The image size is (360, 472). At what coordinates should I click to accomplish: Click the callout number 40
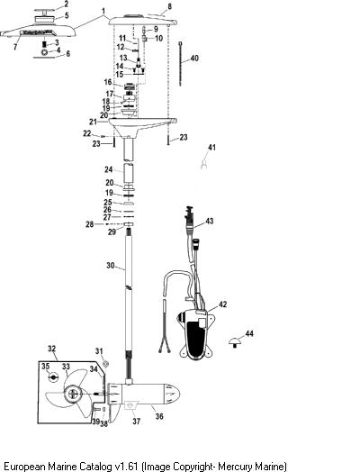[194, 58]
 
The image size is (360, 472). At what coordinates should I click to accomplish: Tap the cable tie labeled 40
[181, 64]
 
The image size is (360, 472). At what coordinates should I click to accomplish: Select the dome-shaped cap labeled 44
[234, 342]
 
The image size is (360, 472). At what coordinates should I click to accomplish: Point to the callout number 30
[111, 266]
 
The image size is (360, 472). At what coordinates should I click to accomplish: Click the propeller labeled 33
[68, 394]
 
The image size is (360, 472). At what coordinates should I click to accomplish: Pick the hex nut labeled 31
[105, 364]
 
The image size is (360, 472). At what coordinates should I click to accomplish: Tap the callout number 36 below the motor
[159, 416]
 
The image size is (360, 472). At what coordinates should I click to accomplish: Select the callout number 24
[108, 169]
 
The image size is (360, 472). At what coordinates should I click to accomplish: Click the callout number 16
[108, 82]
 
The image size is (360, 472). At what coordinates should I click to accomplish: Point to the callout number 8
[169, 6]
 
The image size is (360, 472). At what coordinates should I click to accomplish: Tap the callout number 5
[67, 15]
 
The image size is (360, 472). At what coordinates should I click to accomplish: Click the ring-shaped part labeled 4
[44, 52]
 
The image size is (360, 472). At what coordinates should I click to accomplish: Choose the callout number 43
[210, 221]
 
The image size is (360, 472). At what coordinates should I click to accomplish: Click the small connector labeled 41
[204, 164]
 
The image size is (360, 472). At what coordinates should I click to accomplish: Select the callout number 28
[89, 224]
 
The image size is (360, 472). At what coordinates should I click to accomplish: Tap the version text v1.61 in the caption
[126, 467]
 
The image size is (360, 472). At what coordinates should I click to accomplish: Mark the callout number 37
[136, 422]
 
